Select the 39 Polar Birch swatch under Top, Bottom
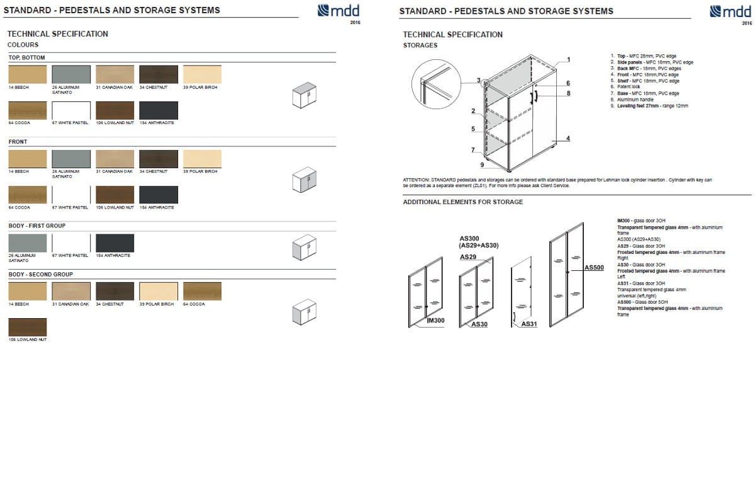(202, 74)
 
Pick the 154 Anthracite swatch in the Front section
(159, 195)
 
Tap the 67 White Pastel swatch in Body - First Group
(71, 243)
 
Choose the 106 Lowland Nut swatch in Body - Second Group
(27, 327)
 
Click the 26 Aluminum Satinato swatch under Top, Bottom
(71, 74)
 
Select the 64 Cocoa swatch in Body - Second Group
(202, 291)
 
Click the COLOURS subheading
(23, 45)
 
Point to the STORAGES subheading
(420, 45)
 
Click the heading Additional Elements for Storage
(462, 202)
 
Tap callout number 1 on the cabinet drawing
(568, 60)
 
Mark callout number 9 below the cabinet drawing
(482, 164)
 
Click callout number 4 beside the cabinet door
(568, 139)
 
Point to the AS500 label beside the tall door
(594, 268)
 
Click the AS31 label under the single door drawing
(529, 324)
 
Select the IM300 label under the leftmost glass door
(435, 321)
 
